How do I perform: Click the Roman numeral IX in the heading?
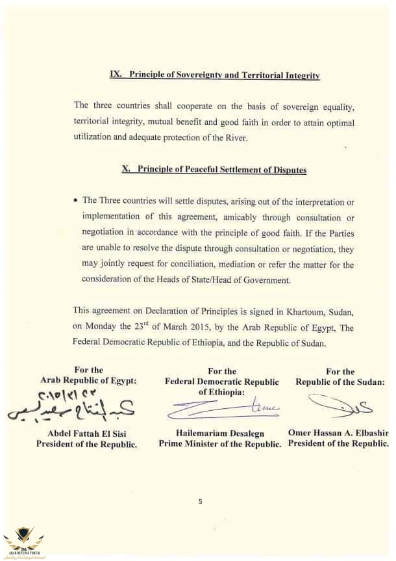117,75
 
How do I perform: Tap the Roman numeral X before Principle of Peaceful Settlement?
127,170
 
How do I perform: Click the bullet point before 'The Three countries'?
77,200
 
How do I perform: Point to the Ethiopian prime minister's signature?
220,408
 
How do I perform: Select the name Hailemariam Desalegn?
219,434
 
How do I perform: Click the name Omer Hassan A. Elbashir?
338,434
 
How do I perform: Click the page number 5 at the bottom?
201,501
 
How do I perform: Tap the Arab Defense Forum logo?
23,541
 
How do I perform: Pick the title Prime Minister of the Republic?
219,445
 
